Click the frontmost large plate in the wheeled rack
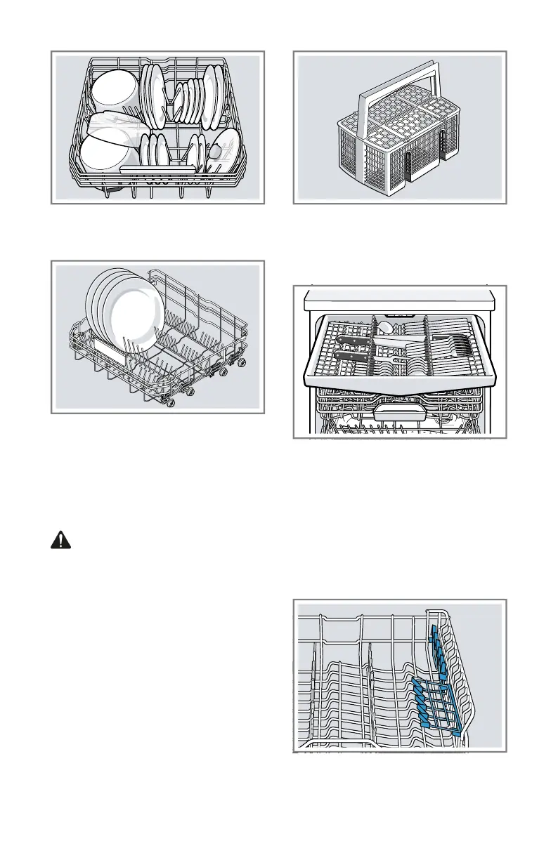[x=134, y=316]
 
